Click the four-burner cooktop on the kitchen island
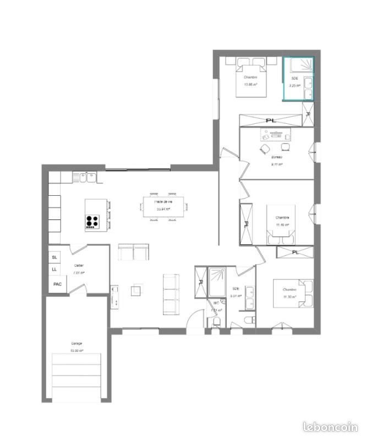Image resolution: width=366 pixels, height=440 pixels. coord(92,222)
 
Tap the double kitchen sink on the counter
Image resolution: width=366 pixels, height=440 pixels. coord(85,177)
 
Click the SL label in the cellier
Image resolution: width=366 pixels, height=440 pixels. coord(54,257)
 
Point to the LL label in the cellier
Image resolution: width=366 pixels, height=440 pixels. coord(54,269)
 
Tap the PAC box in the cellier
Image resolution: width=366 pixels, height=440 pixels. coord(57,284)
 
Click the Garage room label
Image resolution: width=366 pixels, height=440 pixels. coord(77,343)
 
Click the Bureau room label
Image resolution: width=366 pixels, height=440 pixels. coord(276,157)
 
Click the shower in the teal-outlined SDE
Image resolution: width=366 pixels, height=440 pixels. coord(299,67)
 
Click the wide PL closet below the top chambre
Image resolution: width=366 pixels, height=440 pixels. coord(270,120)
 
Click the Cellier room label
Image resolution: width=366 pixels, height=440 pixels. coord(79,265)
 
